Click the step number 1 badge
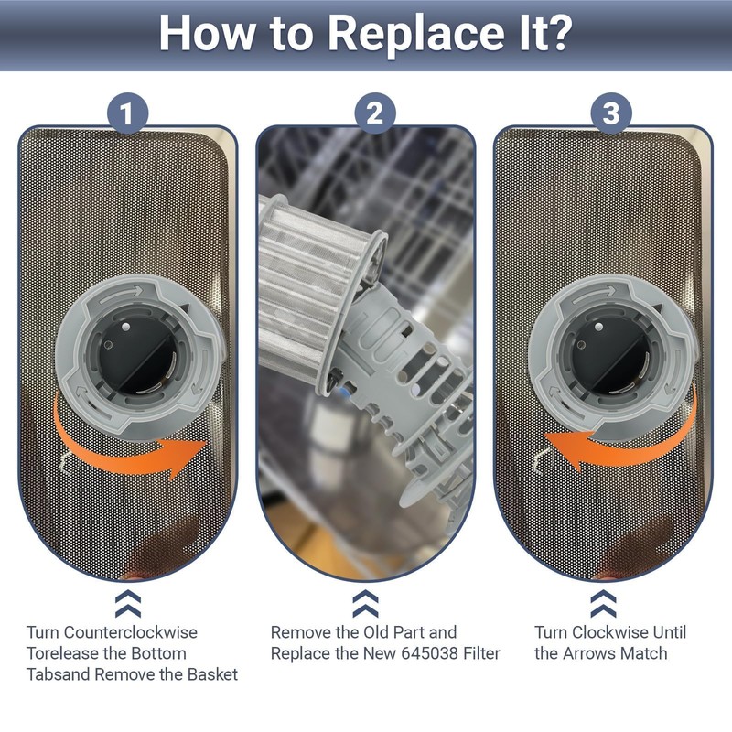[x=127, y=113]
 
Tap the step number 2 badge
[x=375, y=113]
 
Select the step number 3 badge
[x=611, y=113]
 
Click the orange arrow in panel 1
[x=126, y=448]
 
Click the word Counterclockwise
[x=131, y=632]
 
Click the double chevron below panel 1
[x=128, y=604]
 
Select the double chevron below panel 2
[x=365, y=604]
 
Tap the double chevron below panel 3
[x=603, y=604]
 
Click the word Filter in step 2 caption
[x=481, y=653]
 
